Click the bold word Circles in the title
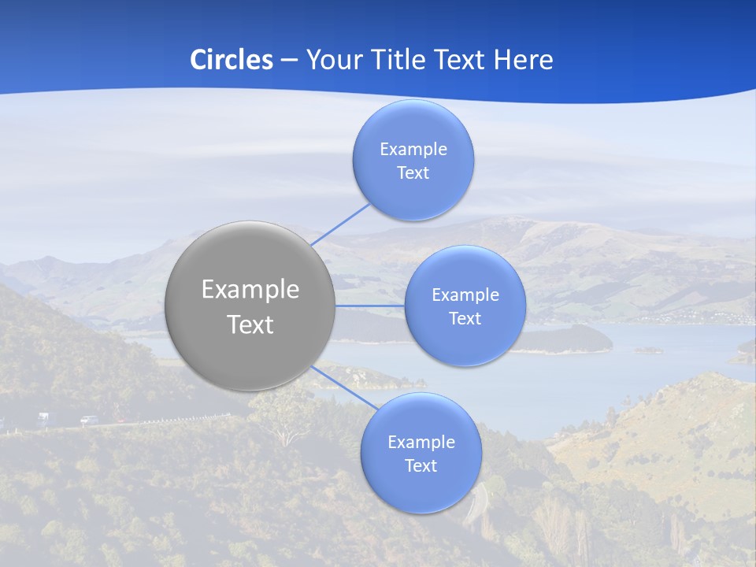232,60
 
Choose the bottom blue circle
421,492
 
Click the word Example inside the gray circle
250,290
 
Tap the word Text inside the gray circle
250,324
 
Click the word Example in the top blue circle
413,150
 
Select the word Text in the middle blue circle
465,319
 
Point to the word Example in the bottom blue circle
421,443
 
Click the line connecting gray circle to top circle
340,224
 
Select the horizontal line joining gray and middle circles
369,306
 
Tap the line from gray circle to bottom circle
343,385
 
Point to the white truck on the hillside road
42,417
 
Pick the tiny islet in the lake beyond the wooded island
648,350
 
